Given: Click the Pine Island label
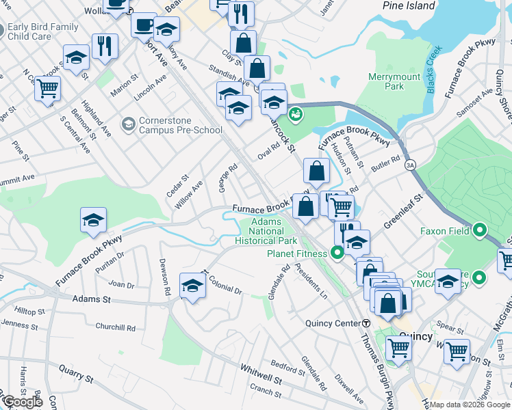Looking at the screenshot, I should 409,5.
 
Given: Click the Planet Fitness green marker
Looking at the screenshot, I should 337,254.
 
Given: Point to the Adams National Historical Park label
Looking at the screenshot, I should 266,232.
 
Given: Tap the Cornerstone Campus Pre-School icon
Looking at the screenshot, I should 127,124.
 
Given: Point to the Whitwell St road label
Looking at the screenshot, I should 260,373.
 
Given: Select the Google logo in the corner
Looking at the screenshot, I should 22,402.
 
